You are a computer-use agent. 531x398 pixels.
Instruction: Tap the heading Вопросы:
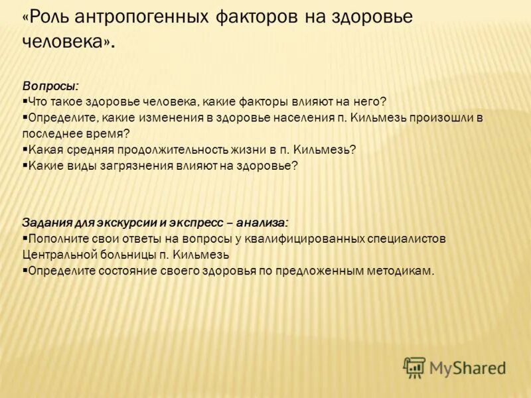click(x=50, y=86)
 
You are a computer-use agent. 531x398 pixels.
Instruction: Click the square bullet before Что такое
click(x=25, y=101)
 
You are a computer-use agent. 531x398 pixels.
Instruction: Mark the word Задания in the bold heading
click(x=44, y=222)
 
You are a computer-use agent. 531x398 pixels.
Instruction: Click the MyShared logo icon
click(x=414, y=367)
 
